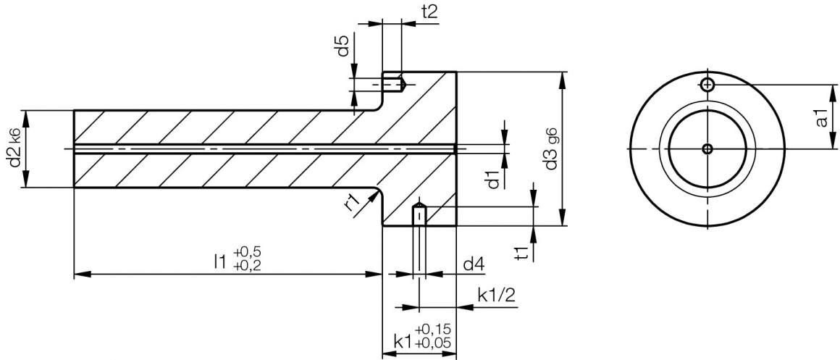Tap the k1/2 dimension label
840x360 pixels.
[497, 295]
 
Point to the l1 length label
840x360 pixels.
[220, 260]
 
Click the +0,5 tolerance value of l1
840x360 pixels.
[247, 251]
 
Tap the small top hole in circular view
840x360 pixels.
[707, 85]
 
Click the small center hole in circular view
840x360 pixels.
[707, 149]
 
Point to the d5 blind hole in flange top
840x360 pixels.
[394, 85]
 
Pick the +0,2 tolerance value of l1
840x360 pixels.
[247, 267]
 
